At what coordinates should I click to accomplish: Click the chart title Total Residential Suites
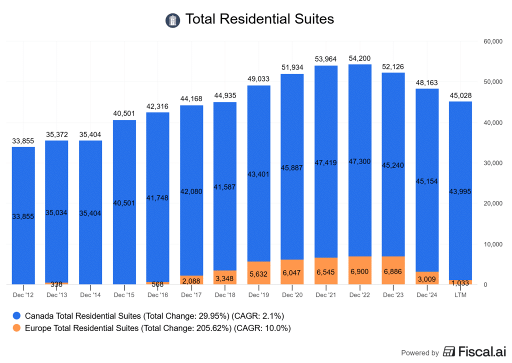click(x=259, y=19)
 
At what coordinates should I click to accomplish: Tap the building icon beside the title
click(x=172, y=20)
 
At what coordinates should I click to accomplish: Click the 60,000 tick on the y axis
click(x=492, y=41)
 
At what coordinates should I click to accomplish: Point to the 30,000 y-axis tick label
click(x=492, y=163)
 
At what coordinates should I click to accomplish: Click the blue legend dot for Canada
click(x=17, y=316)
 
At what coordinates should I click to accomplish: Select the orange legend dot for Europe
click(x=17, y=328)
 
